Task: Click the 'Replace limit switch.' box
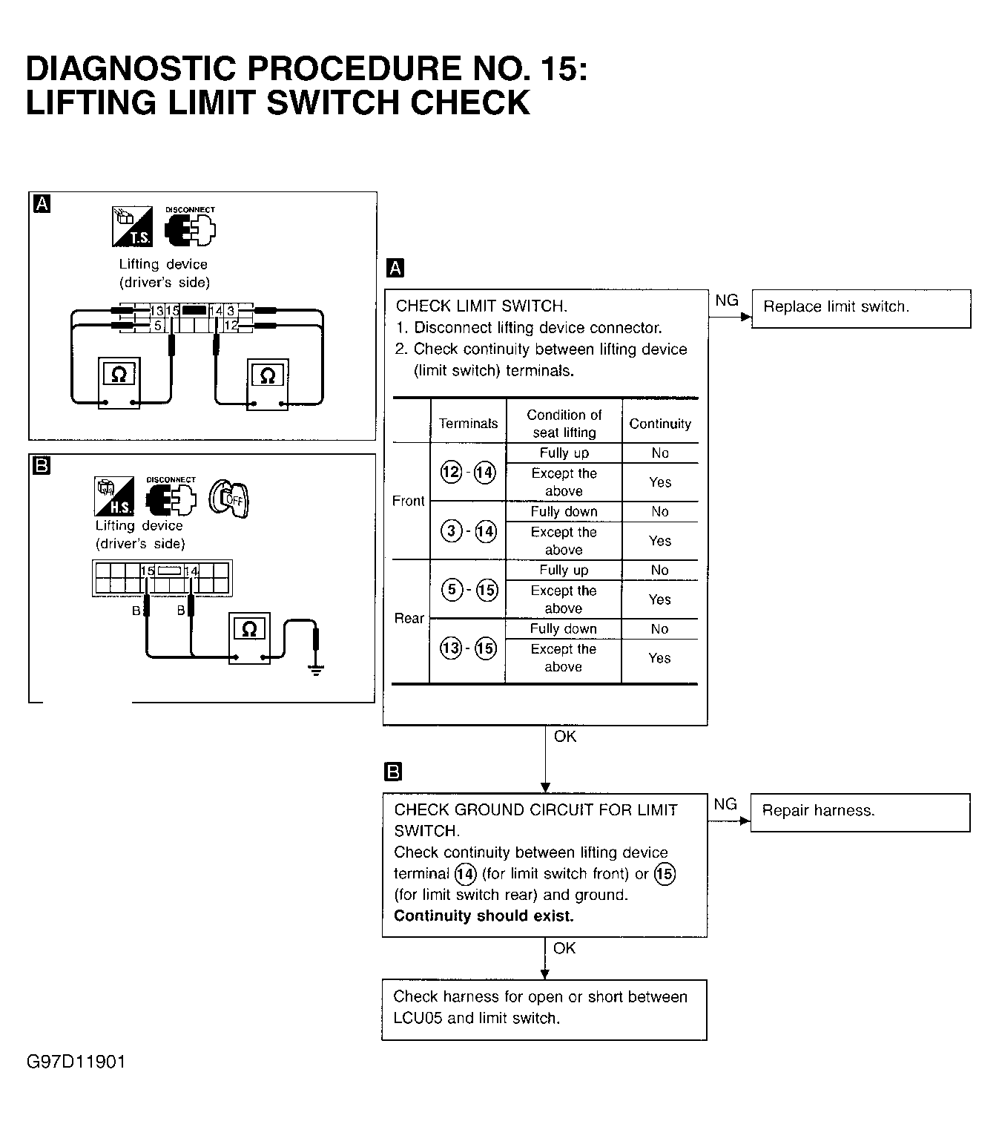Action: (x=860, y=308)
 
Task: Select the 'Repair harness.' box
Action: (x=860, y=812)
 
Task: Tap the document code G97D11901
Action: (x=76, y=1062)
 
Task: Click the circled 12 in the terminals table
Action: (x=450, y=472)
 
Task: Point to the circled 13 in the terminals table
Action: (x=450, y=648)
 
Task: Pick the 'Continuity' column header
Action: (x=660, y=424)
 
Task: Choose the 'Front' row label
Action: (x=409, y=502)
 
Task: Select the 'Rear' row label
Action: (x=409, y=618)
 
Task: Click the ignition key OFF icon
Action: (x=229, y=498)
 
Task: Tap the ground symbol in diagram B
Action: (x=317, y=670)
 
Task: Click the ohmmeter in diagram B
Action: (x=249, y=637)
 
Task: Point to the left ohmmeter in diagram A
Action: (x=119, y=382)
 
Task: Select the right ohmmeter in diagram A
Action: (x=268, y=384)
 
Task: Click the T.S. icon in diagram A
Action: (x=132, y=226)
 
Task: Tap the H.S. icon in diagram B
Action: (x=114, y=496)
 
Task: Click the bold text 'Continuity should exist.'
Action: (x=484, y=916)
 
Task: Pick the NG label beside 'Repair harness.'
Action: (x=725, y=804)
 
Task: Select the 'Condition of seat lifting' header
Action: (x=564, y=424)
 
